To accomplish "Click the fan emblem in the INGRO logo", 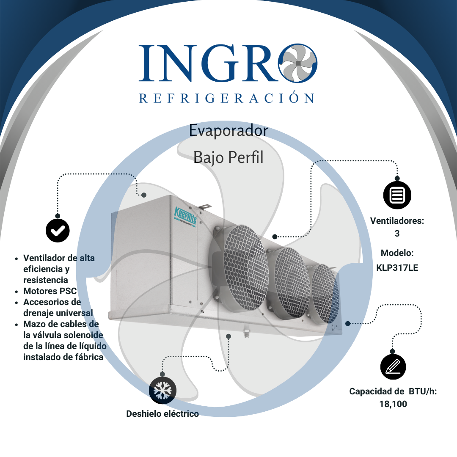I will (298, 63).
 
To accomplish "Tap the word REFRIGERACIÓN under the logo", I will (227, 98).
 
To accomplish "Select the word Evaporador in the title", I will (228, 130).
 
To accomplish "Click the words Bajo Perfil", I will (228, 157).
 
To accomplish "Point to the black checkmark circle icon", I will (58, 230).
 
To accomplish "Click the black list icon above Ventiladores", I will (397, 195).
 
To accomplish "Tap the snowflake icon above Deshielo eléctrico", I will (162, 391).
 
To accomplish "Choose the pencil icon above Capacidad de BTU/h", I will (393, 366).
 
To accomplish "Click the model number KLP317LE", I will (397, 267).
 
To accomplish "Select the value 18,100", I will (393, 404).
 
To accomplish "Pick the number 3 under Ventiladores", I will (397, 233).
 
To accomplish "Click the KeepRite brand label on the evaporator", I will (185, 214).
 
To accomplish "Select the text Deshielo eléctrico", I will (162, 414).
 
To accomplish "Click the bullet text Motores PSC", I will (50, 291).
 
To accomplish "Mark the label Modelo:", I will (397, 253).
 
